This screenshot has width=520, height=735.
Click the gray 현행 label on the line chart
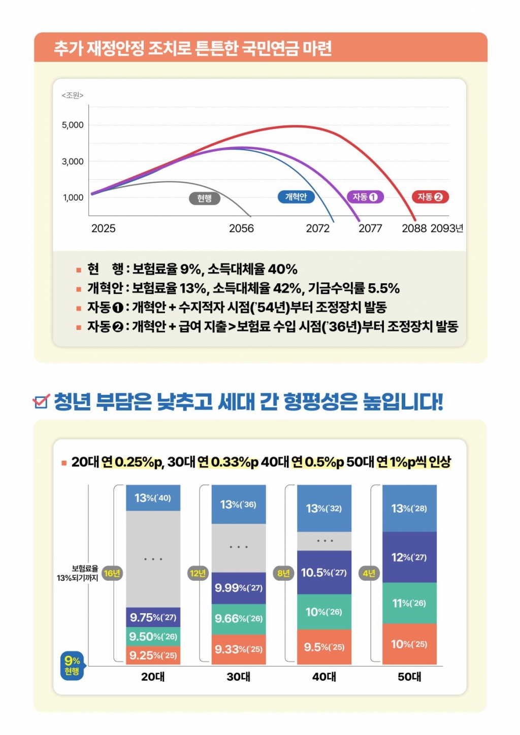coord(204,198)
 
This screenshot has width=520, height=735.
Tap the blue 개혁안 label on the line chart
coord(296,197)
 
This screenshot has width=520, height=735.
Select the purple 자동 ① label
coord(365,197)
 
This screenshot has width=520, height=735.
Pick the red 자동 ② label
coord(430,197)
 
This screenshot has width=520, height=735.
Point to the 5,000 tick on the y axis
coord(73,125)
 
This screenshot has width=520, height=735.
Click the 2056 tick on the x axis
coord(241,228)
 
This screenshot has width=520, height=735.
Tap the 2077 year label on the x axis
coord(370,228)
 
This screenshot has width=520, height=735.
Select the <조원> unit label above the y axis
coord(73,95)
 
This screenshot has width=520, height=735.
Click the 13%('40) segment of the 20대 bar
coord(153,498)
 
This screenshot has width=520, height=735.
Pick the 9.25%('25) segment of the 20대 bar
coord(153,655)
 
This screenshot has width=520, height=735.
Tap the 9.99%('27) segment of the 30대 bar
coord(238,588)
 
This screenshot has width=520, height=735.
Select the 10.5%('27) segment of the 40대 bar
coord(324,573)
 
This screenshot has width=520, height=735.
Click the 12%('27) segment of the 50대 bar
coord(409,557)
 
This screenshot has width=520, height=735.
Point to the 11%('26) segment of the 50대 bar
coord(409,603)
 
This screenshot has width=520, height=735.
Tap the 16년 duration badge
coord(112,574)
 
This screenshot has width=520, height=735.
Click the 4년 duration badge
coord(369,574)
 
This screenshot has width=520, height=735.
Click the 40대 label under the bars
coord(324,677)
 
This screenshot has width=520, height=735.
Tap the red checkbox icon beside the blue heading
coord(41,401)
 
